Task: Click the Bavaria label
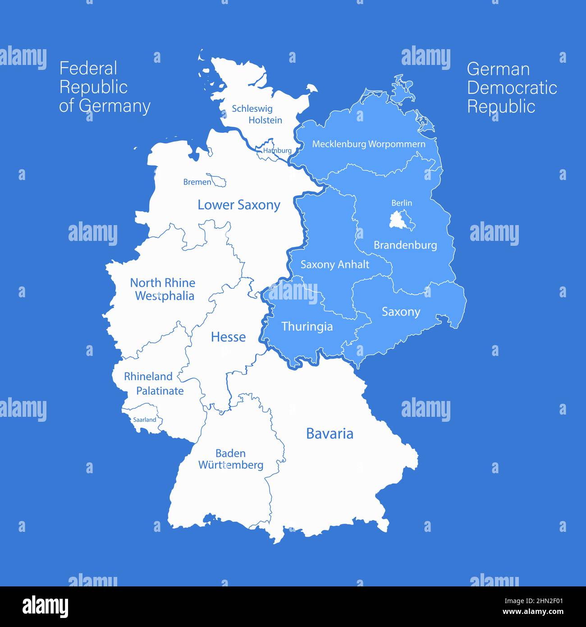pos(330,433)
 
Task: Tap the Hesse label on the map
pos(228,337)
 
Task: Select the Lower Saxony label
pos(239,205)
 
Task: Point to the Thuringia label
pos(307,327)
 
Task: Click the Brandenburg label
pos(405,245)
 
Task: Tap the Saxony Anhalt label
pos(334,264)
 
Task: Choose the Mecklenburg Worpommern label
pos(368,144)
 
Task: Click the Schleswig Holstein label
pos(257,114)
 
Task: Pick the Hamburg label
pos(277,150)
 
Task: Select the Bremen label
pos(197,182)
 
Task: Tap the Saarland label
pos(144,420)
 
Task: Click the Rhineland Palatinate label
pos(154,383)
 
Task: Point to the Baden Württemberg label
pos(231,459)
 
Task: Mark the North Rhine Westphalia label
pos(163,289)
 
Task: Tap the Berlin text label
pos(402,203)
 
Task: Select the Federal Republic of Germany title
pos(105,87)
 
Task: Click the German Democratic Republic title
pos(512,88)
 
